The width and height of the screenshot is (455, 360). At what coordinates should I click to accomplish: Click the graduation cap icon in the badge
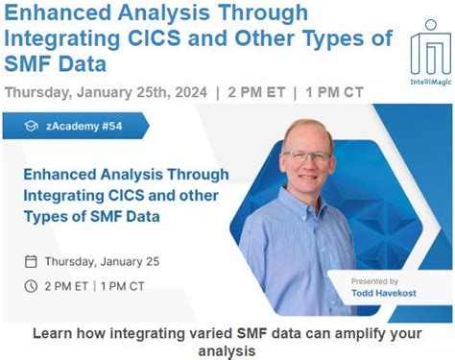[31, 125]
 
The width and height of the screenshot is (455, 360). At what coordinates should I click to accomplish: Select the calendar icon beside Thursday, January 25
[31, 260]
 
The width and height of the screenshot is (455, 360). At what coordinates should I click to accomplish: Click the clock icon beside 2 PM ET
[31, 285]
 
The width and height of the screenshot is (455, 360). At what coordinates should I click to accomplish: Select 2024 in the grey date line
[186, 93]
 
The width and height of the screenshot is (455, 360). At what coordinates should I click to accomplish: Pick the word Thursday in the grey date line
[37, 93]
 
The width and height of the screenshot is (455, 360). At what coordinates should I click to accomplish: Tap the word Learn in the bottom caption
[54, 334]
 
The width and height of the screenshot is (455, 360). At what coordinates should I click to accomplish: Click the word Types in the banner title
[48, 216]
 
